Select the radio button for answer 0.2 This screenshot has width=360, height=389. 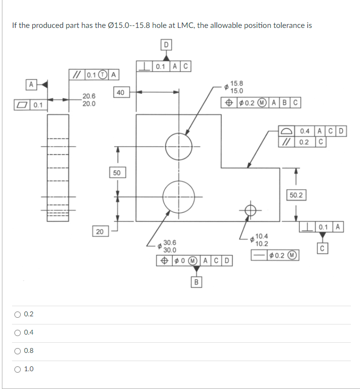point(17,314)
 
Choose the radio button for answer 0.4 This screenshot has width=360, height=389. point(17,333)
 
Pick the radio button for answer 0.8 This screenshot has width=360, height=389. point(17,351)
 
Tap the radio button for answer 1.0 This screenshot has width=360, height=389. point(17,369)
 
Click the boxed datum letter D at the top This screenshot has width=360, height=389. point(166,45)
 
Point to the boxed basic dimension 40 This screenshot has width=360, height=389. point(120,92)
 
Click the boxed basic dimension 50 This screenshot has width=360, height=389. point(116,172)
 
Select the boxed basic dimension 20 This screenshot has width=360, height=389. point(99,232)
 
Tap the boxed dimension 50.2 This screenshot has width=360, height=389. point(296,195)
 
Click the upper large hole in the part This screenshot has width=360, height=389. point(179,143)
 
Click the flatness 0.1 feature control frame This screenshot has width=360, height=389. point(30,104)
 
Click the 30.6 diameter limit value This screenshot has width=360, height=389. point(170,243)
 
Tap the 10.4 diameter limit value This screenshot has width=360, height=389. point(262,236)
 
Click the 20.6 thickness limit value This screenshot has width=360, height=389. point(89,97)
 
